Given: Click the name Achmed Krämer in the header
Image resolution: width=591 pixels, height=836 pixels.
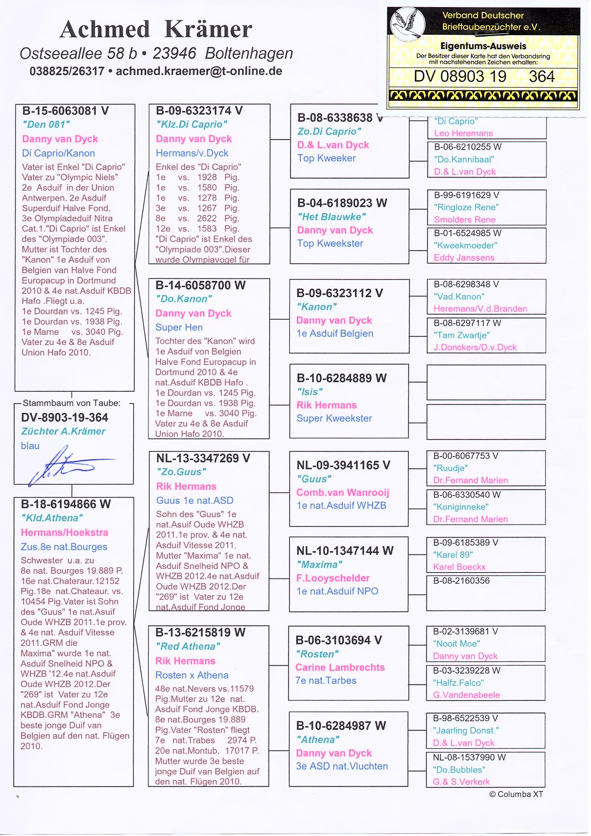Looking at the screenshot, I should pos(156,29).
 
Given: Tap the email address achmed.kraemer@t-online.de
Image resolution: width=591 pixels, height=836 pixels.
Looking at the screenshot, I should pos(199,71).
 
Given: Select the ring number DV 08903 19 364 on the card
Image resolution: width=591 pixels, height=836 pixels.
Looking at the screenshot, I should pos(484,76).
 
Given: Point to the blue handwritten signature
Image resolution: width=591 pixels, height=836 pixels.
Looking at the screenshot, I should pos(66,464).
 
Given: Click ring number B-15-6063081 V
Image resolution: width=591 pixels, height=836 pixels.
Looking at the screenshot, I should pos(66,111).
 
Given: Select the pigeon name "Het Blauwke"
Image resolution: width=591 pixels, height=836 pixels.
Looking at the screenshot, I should pos(332,217).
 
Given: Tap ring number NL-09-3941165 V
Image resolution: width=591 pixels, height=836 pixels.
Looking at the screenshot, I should pos(343,465).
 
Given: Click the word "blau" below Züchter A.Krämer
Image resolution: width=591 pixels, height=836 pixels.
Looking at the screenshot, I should pos(30,446).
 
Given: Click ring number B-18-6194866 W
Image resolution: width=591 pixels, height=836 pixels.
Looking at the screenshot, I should pos(66,504).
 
